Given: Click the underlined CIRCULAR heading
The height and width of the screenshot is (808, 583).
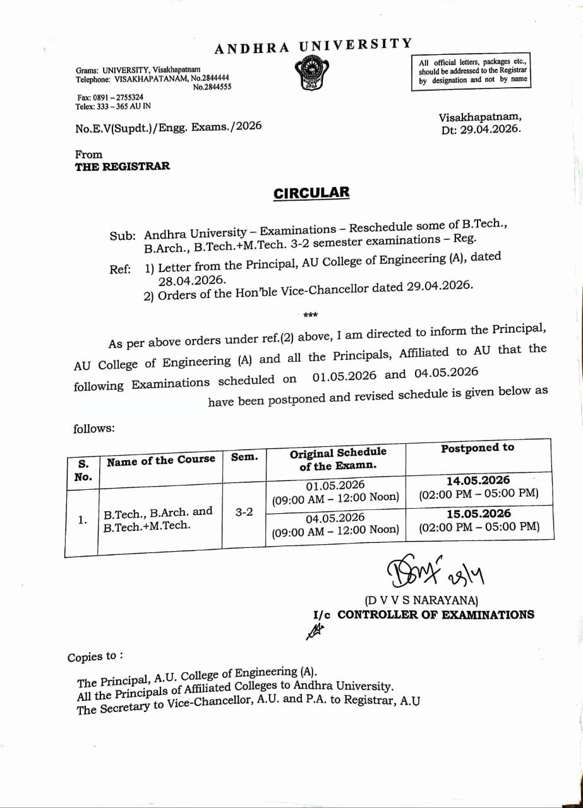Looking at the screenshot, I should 311,193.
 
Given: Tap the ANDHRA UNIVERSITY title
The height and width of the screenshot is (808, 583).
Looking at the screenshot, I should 313,46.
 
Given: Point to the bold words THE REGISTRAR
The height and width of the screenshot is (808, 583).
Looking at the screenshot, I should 123,167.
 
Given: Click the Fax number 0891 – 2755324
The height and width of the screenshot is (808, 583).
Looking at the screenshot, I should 110,98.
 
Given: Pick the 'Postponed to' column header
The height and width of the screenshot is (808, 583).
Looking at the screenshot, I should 478,448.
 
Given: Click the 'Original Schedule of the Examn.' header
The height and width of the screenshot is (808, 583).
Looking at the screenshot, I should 338,460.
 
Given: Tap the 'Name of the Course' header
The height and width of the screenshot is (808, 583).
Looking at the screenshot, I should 161,460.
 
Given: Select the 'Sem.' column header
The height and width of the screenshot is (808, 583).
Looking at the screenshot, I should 244,457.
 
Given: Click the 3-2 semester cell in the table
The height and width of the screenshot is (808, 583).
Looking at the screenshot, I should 244,512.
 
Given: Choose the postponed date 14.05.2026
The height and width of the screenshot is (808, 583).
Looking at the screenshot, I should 478,480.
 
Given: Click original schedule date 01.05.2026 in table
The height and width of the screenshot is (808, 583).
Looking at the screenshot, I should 335,485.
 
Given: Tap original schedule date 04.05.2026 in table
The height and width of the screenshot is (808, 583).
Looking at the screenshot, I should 335,518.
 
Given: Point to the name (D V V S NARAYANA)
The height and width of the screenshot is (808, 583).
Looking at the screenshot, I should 421,600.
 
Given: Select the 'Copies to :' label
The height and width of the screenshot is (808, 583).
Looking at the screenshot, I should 95,656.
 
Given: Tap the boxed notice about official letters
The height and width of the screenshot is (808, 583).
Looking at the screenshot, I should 472,71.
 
